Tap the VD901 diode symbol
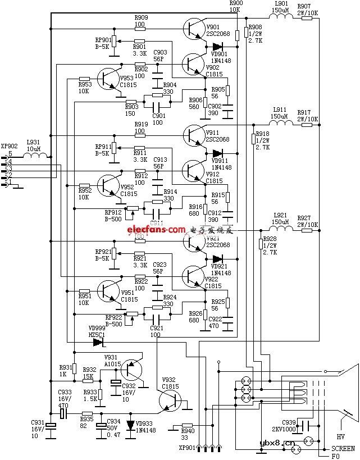pyautogui.click(x=217, y=46)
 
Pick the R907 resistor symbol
pyautogui.click(x=307, y=17)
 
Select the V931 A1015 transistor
pyautogui.click(x=132, y=370)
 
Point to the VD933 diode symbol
pyautogui.click(x=130, y=425)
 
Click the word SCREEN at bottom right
pyautogui.click(x=343, y=448)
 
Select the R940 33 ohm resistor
pyautogui.click(x=187, y=426)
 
